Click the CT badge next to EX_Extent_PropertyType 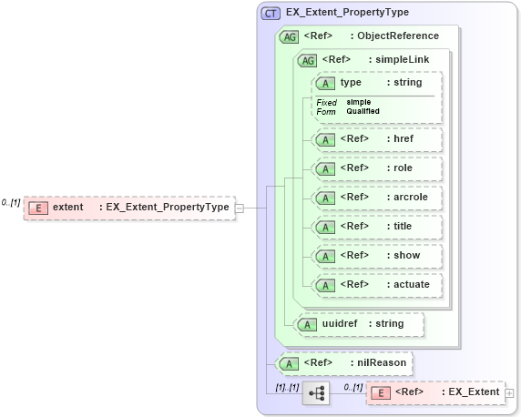point(271,13)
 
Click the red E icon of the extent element point(38,208)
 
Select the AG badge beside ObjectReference point(290,36)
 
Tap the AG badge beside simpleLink point(309,60)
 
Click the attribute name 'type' point(351,82)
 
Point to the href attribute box point(376,139)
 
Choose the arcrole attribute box point(376,198)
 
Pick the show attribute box point(376,256)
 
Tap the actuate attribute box point(376,285)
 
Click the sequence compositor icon point(317,393)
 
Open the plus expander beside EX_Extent point(510,393)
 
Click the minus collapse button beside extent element point(240,208)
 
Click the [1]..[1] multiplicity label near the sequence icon point(287,387)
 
